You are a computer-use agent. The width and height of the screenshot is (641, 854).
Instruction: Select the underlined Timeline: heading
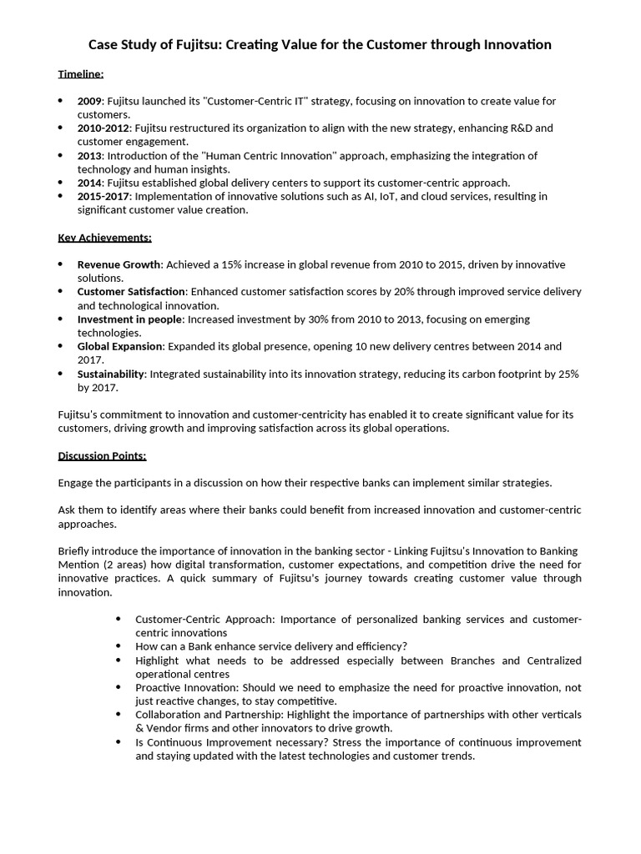click(81, 74)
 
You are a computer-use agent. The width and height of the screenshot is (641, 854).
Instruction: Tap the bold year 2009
click(90, 101)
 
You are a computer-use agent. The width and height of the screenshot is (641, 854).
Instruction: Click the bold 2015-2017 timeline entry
click(103, 196)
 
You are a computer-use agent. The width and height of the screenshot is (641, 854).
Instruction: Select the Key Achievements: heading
click(104, 238)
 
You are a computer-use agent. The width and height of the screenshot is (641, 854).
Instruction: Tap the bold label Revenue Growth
click(118, 264)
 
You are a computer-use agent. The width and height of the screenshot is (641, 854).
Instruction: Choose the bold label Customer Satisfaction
click(131, 292)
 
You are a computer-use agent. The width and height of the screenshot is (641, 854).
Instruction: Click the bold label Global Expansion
click(120, 346)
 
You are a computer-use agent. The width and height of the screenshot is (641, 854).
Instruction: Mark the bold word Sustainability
click(110, 374)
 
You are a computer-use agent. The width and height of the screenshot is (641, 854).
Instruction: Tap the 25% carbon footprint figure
click(567, 374)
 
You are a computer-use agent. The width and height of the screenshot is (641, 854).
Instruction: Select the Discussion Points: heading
click(102, 455)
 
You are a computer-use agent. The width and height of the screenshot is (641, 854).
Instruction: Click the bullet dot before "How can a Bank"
click(118, 646)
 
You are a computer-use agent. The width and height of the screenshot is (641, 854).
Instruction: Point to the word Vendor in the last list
click(161, 728)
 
